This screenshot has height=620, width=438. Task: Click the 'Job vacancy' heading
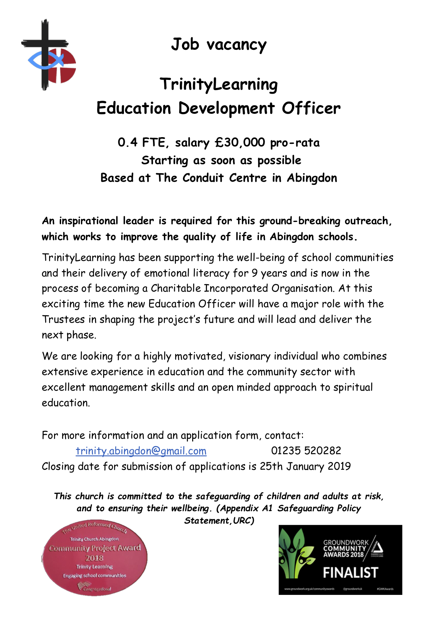[219, 45]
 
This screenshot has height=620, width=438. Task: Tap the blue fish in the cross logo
[44, 60]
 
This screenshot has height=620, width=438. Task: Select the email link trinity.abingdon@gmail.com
[141, 451]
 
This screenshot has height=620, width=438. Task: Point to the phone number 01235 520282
[306, 451]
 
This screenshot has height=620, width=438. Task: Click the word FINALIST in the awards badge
[350, 573]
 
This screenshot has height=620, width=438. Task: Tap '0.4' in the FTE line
[128, 142]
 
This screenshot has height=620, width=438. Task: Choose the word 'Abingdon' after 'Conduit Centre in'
[312, 178]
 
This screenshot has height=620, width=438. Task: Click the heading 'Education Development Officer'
[219, 108]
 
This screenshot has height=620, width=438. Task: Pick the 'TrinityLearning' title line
[219, 84]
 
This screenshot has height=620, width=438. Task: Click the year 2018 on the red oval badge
[94, 558]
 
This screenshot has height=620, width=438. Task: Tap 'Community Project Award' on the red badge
[95, 548]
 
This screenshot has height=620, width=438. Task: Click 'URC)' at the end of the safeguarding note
[244, 521]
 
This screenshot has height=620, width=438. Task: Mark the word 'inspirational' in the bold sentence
[88, 221]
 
